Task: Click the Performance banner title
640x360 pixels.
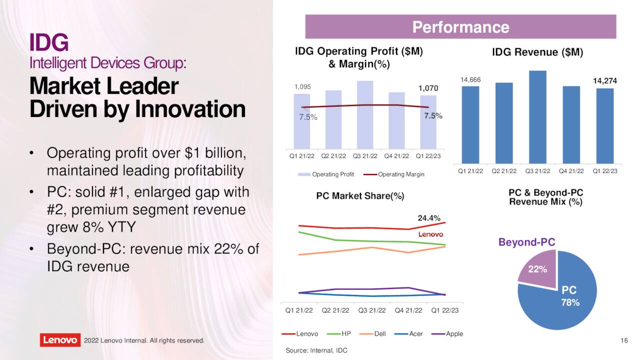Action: point(460,27)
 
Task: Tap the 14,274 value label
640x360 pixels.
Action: point(604,80)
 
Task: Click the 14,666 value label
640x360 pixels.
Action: point(470,79)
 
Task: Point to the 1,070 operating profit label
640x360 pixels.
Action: point(428,88)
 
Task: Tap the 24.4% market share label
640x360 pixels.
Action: point(429,218)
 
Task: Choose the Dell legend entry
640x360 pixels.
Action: point(376,333)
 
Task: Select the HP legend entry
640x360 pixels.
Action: point(341,333)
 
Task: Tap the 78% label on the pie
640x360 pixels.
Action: point(570,302)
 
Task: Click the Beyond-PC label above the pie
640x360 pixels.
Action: point(526,242)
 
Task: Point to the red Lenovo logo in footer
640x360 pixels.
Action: point(59,340)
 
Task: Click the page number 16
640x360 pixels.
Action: point(623,340)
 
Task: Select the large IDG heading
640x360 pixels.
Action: point(48,43)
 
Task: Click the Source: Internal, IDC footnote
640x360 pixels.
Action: point(316,350)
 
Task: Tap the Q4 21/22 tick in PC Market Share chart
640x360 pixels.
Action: point(409,310)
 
